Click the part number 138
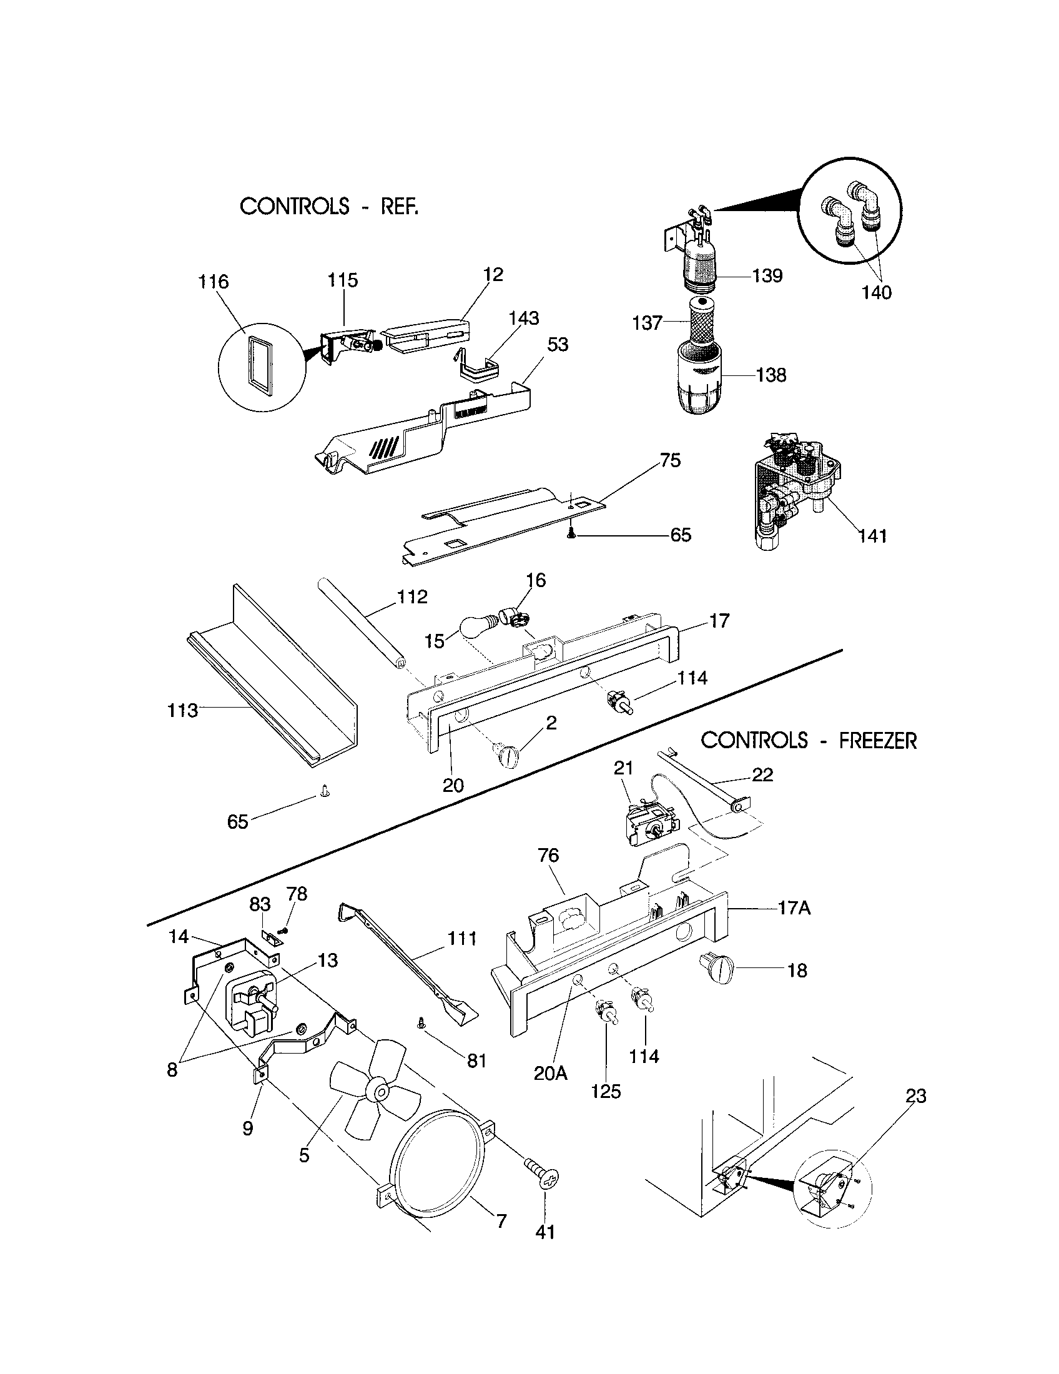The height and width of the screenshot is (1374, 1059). point(772,375)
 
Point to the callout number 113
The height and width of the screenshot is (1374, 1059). point(182,710)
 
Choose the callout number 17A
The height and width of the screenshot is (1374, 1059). point(794,908)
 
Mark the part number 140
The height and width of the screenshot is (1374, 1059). point(876,292)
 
